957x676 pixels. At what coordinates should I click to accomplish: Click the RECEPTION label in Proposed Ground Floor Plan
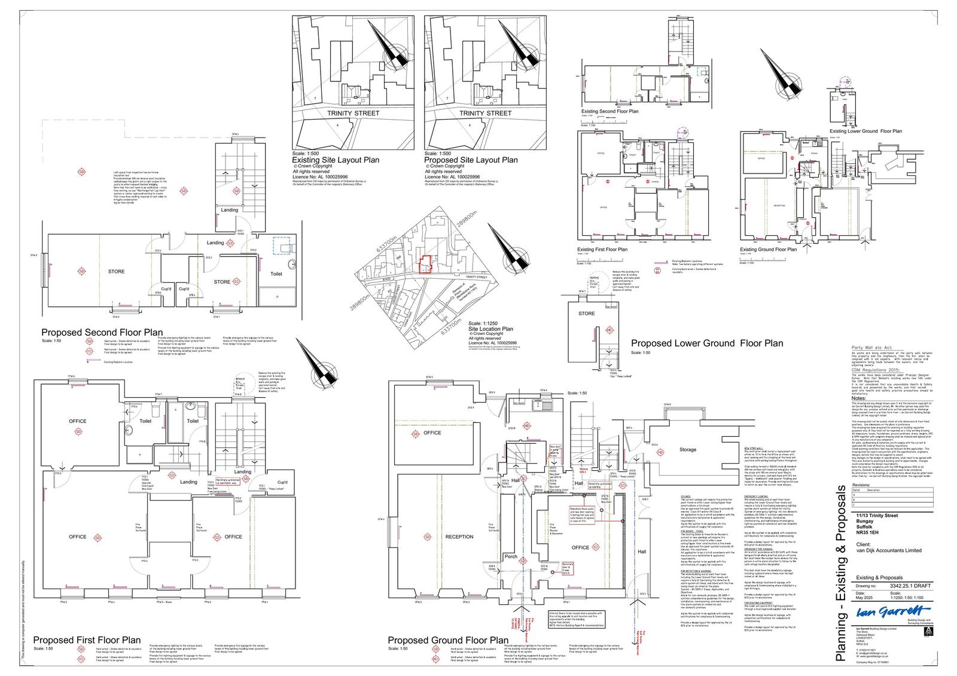(x=459, y=537)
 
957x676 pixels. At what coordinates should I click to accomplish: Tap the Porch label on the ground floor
(x=511, y=556)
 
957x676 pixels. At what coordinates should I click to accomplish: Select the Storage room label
(x=688, y=449)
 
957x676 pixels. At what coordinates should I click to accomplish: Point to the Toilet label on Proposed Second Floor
(x=276, y=274)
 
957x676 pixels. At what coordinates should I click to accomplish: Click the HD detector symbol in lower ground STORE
(x=609, y=330)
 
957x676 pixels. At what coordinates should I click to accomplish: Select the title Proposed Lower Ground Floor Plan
(x=707, y=343)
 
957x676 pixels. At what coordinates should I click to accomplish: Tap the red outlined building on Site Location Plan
(x=425, y=264)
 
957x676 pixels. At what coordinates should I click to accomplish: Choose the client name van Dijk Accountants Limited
(x=889, y=550)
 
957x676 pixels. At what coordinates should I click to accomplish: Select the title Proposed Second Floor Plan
(x=102, y=333)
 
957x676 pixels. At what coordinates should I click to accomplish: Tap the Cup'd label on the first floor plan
(x=282, y=482)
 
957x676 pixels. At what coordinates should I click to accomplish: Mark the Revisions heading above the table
(x=861, y=485)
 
